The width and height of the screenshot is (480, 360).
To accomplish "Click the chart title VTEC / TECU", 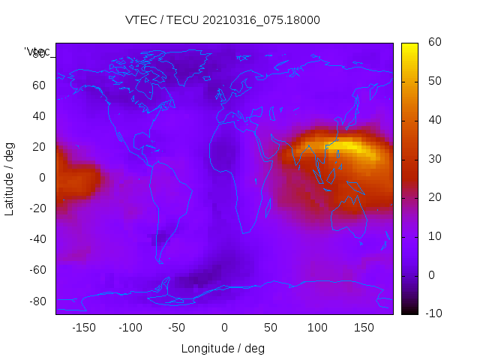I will pos(223,20).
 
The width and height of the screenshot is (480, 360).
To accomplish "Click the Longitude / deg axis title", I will pos(223,349).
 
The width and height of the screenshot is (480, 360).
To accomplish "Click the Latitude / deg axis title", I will pos(10,178).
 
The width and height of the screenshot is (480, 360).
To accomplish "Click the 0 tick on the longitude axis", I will pos(223,328).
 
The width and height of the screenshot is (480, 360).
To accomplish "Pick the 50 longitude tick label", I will pos(270,328).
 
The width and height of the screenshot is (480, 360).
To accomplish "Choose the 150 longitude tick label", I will pos(364,328).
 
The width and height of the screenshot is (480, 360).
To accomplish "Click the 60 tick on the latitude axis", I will pos(39,85).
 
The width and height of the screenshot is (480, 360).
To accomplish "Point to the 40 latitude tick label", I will pos(39,115).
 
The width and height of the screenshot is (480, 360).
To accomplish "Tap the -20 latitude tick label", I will pos(37,208).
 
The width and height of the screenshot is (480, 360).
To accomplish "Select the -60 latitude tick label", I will pos(37,270).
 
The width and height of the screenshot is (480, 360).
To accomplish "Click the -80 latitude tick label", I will pos(37,301).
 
